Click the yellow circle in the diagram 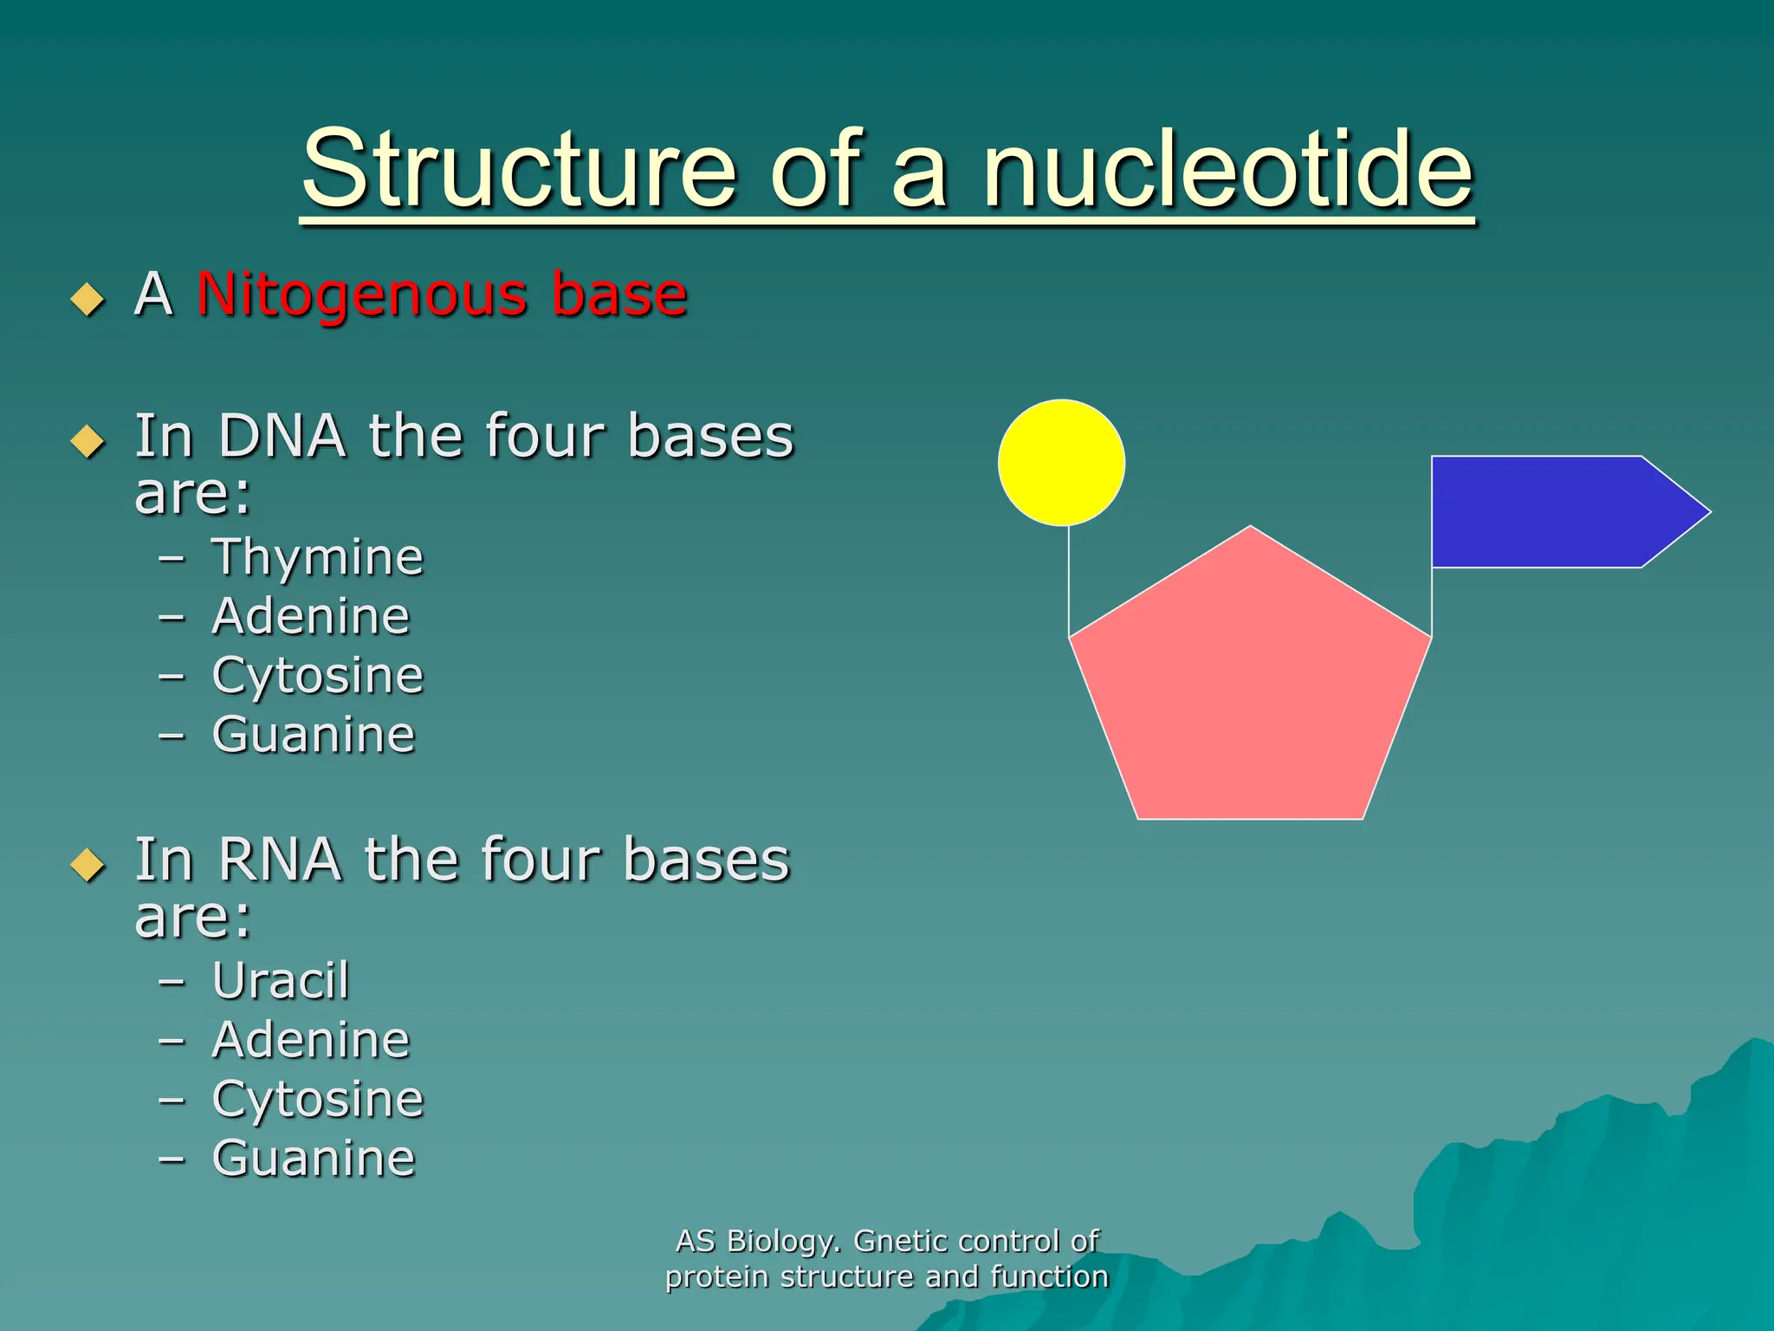(1061, 463)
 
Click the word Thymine (317, 557)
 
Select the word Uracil (281, 981)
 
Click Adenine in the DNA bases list (310, 616)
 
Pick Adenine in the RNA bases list (310, 1040)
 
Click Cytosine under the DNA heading (317, 676)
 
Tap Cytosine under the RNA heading (317, 1100)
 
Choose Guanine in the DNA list (314, 735)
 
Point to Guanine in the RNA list (314, 1159)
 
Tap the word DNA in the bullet (282, 436)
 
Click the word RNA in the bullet (279, 860)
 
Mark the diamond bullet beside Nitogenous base (87, 299)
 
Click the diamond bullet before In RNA (87, 865)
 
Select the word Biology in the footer (783, 1242)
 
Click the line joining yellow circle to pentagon (1069, 581)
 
